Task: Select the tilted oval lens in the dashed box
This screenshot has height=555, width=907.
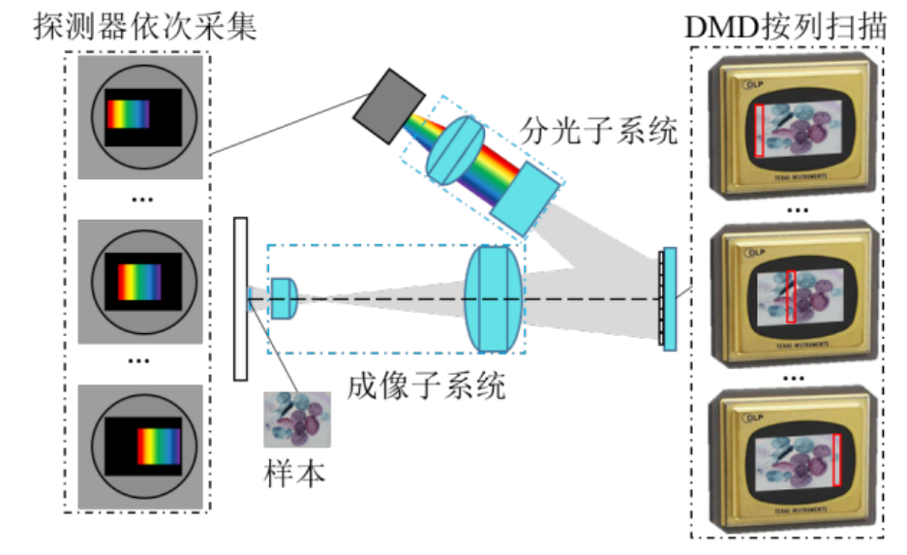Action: [x=454, y=149]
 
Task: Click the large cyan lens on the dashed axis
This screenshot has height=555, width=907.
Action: [x=494, y=298]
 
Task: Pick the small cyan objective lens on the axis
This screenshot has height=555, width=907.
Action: [x=282, y=298]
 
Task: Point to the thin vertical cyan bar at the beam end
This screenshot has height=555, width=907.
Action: [x=669, y=298]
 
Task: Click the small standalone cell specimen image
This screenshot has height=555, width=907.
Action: [x=297, y=419]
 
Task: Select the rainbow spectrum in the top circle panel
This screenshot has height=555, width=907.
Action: [x=128, y=114]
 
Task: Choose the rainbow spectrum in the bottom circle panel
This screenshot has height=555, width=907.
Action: [x=159, y=447]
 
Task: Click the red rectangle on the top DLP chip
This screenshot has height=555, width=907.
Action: [x=760, y=130]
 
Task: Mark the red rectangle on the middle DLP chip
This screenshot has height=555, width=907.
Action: [x=790, y=296]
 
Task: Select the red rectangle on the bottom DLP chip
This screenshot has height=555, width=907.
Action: [x=836, y=460]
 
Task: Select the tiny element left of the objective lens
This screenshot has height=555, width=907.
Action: [x=253, y=298]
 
